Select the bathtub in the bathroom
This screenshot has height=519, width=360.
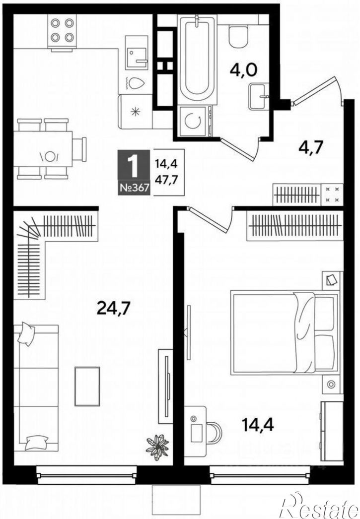pos(197,59)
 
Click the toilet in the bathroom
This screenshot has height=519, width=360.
pos(238,36)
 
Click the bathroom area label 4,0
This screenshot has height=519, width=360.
pos(243,70)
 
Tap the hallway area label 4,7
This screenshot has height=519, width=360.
pos(311,148)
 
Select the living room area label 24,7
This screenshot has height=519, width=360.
pos(114,309)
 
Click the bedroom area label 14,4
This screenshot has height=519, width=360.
pos(258,425)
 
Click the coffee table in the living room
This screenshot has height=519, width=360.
pos(87,386)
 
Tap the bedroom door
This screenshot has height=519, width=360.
pos(211,218)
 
